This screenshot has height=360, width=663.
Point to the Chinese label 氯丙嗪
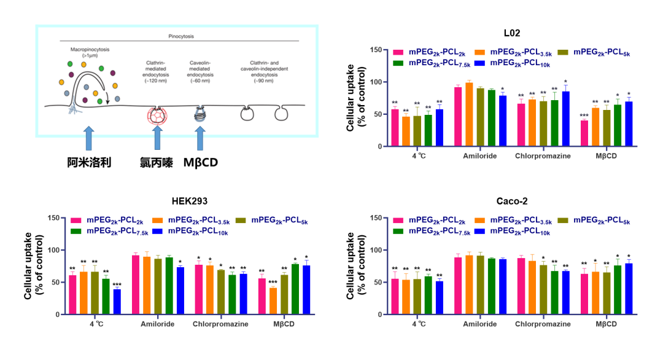(157, 163)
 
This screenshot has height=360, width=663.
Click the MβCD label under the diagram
(203, 163)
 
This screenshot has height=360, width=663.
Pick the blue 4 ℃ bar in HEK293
(117, 302)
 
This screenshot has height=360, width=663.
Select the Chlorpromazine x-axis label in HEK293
(221, 324)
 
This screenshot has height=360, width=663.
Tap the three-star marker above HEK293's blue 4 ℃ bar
(117, 284)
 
